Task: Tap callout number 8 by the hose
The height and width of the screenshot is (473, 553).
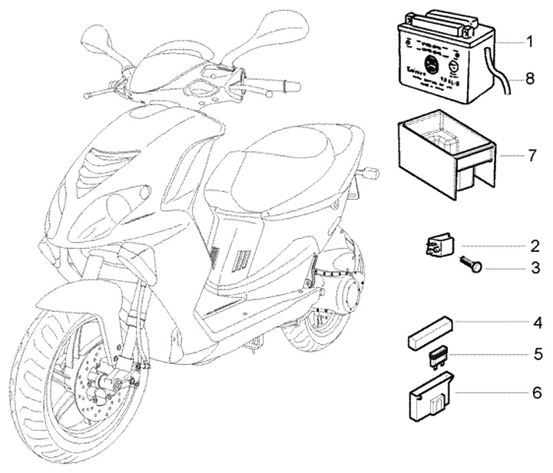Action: click(x=529, y=78)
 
